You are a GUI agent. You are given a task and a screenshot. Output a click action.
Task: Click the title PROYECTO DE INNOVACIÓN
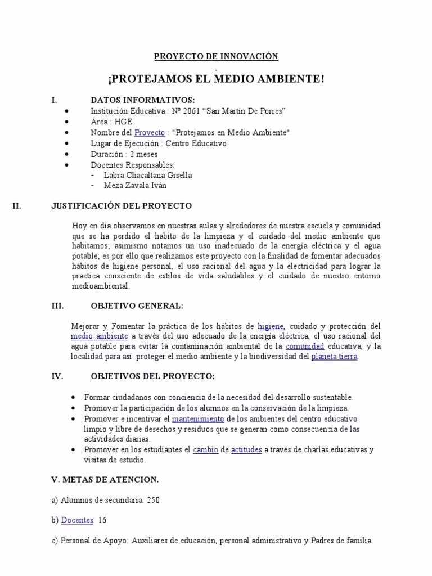pos(216,56)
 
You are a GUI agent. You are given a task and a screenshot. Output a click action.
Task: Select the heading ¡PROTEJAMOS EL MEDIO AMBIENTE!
pos(215,78)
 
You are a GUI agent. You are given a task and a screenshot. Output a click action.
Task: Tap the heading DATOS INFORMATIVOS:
pos(142,100)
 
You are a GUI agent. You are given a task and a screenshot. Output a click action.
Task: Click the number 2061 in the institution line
pos(195,111)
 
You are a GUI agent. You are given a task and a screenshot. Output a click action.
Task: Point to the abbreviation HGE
pos(125,121)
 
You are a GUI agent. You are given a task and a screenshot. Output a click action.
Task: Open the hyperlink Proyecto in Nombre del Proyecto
pos(150,132)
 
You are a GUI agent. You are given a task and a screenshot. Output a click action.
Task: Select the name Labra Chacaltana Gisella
pos(148,175)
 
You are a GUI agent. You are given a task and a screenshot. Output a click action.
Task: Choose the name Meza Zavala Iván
pos(135,186)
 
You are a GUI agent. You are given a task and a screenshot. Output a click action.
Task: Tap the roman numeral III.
pos(57,306)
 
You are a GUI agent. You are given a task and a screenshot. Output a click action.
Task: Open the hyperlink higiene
pos(271,326)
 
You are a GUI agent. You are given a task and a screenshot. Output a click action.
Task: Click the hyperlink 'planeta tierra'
pos(334,357)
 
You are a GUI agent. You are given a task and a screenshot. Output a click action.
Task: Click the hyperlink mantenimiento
pos(198,419)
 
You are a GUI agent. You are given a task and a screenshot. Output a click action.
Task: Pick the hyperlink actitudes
pos(246,450)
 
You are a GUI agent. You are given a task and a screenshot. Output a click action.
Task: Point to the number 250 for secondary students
pos(154,500)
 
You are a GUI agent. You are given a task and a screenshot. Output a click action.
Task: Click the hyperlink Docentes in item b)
pos(76,520)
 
